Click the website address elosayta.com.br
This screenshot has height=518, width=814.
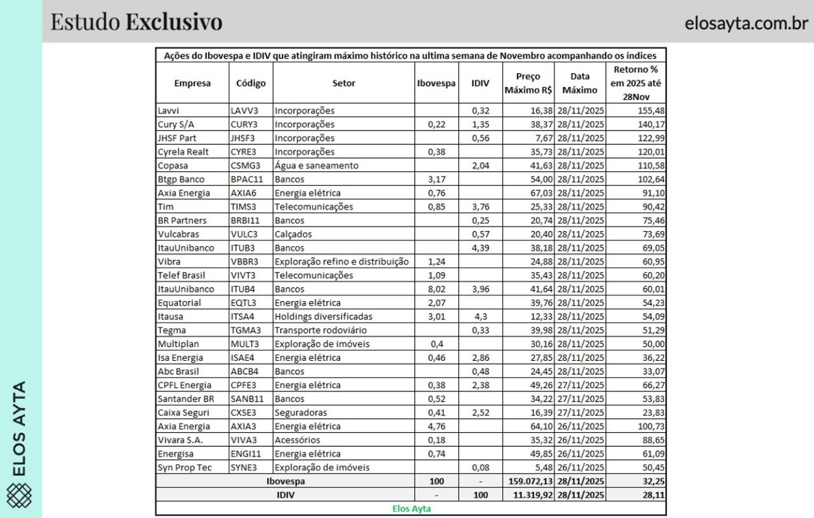tap(746, 24)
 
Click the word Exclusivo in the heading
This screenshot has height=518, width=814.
tap(174, 22)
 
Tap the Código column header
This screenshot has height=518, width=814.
tap(251, 83)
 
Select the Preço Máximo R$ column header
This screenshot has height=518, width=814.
tap(528, 83)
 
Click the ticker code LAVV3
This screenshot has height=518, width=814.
tap(245, 111)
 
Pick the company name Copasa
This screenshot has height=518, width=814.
tap(173, 165)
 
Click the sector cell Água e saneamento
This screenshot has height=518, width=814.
tap(316, 165)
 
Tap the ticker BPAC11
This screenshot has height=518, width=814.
tap(247, 179)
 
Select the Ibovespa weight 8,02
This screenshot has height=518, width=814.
tap(436, 289)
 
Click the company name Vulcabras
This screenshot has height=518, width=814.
tap(178, 234)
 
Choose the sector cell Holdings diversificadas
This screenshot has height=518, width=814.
tap(323, 316)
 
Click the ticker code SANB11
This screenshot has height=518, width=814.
tap(247, 399)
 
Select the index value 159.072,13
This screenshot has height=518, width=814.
tap(527, 481)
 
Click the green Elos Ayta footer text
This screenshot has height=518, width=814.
tap(410, 508)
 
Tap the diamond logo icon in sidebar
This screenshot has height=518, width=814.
tap(20, 495)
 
